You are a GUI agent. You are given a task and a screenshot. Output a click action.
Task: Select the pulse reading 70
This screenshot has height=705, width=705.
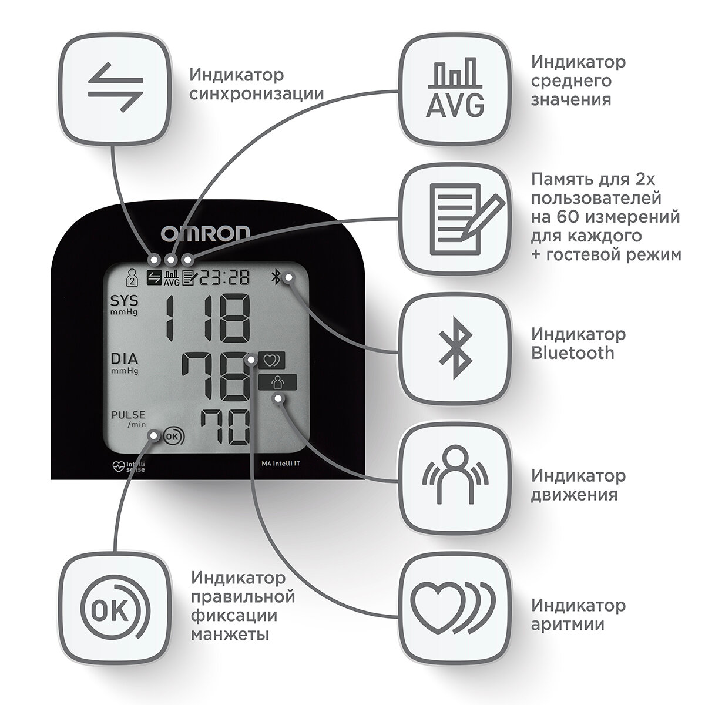pyautogui.click(x=223, y=427)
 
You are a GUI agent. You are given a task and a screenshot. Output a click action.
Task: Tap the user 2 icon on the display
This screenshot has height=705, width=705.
pyautogui.click(x=133, y=277)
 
